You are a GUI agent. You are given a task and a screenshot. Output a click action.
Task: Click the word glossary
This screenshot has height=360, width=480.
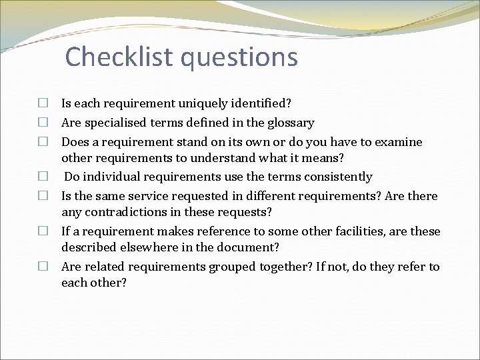click(x=291, y=123)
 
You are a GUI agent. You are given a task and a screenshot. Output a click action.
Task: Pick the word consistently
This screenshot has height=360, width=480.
click(x=338, y=177)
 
